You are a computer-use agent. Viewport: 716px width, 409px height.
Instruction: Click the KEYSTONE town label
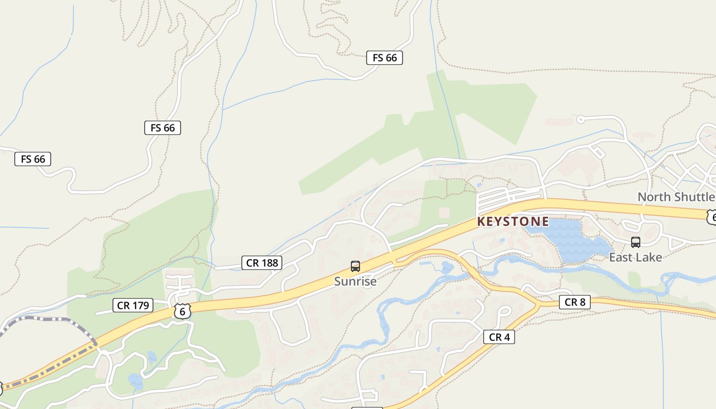(x=513, y=221)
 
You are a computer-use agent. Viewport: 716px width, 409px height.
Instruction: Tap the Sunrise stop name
(x=355, y=281)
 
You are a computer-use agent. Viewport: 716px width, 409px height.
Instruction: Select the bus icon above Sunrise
(x=355, y=266)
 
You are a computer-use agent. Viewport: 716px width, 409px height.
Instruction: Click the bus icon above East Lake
(x=635, y=242)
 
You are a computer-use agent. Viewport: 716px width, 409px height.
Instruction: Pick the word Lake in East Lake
(x=648, y=257)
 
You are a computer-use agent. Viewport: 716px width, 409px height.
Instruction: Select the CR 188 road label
(x=262, y=263)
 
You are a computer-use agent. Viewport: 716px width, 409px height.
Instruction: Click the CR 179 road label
(x=133, y=306)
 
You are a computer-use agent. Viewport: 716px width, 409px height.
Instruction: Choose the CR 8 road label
(x=574, y=302)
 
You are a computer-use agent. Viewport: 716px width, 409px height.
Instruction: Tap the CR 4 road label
(x=499, y=337)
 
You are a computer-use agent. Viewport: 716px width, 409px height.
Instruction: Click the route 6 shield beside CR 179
(x=182, y=311)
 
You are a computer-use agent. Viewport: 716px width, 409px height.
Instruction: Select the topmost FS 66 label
(x=385, y=58)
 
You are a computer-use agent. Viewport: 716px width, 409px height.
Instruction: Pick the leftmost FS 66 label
(x=33, y=159)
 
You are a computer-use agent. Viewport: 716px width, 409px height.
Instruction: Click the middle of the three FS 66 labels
(x=163, y=128)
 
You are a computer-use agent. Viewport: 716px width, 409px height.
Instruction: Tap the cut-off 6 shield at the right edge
(x=711, y=217)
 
